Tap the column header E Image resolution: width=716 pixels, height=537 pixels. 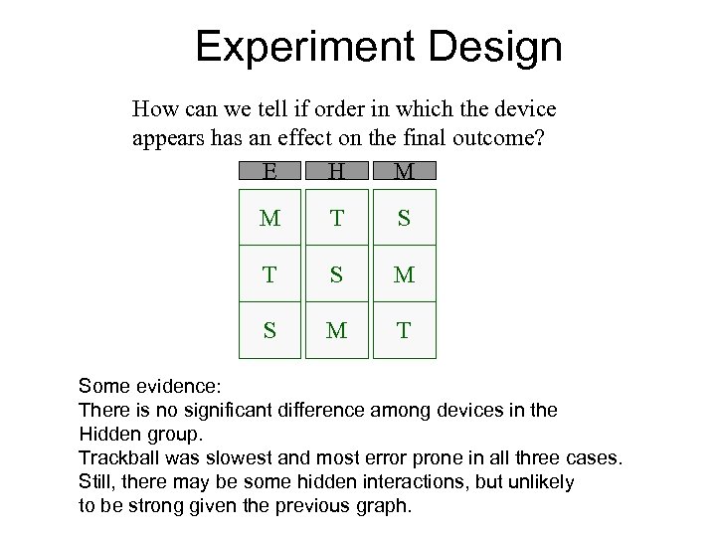(x=268, y=172)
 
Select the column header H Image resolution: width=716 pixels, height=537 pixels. (x=337, y=172)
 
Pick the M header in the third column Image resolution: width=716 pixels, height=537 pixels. (x=404, y=172)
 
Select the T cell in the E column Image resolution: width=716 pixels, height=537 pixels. (x=268, y=273)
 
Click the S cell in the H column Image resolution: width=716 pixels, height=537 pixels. (x=337, y=273)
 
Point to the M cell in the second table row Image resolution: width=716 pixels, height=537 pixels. (x=404, y=273)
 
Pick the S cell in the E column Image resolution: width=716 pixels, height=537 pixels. (x=268, y=328)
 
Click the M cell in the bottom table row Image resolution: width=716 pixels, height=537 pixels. (x=337, y=328)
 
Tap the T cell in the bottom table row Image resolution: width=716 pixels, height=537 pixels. (x=404, y=328)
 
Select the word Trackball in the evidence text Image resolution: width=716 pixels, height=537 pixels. (x=118, y=456)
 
